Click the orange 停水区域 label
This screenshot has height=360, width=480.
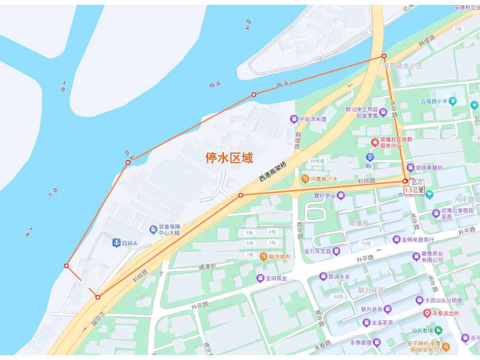pos(229,158)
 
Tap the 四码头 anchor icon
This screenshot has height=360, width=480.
pos(115,243)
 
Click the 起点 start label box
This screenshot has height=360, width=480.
pos(417,182)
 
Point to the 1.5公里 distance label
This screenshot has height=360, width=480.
pos(414,190)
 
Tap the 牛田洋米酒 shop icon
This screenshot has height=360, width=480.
pos(293,119)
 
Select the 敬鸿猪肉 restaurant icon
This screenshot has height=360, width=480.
pos(263,257)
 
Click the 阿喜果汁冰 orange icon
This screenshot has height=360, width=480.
pos(305,179)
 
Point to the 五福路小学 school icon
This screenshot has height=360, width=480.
pos(453,100)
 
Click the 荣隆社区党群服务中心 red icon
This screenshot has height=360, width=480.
pos(375,142)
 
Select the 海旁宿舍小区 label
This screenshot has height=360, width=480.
pos(402,66)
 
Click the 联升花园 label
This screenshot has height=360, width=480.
pos(372,291)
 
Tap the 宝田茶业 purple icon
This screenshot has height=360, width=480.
pos(260,278)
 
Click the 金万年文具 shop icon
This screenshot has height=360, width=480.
pos(337,251)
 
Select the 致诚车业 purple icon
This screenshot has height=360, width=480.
pos(323,276)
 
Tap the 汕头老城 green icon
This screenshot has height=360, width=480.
pos(438,330)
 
